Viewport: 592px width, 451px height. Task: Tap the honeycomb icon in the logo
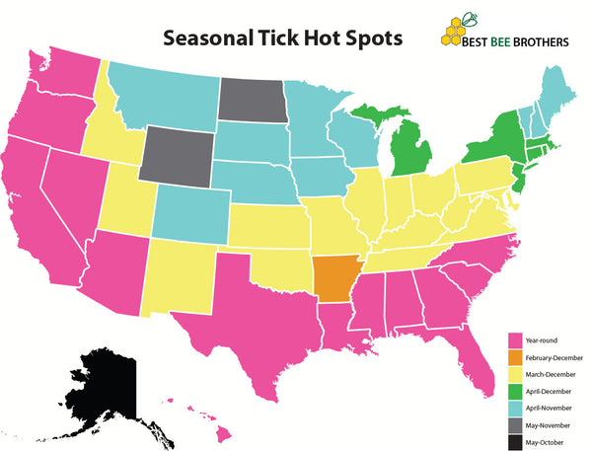pos(456,33)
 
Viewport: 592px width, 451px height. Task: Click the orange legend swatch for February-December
pos(512,357)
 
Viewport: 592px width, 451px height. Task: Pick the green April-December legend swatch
pos(512,391)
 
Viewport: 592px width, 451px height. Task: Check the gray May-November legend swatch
pos(512,423)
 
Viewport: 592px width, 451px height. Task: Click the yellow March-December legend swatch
pos(512,374)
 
